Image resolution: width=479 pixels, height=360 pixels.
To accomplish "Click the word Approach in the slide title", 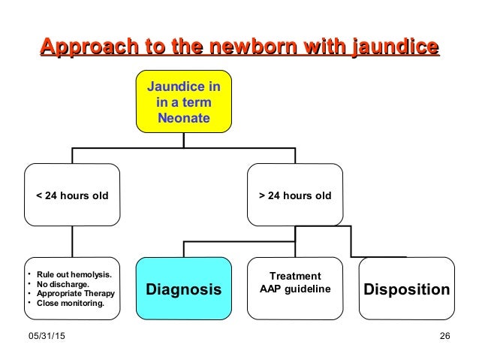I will [80, 47].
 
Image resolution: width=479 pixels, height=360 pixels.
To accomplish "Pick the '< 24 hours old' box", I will [72, 195].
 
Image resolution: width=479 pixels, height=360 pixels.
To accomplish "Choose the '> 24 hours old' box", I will [294, 195].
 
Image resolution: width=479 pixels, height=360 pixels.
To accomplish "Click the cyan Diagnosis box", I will [184, 289].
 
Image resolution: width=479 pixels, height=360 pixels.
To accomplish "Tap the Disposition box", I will [407, 289].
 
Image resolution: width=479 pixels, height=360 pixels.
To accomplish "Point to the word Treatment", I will [295, 276].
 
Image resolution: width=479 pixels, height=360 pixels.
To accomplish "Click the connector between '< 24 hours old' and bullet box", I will [72, 241].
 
